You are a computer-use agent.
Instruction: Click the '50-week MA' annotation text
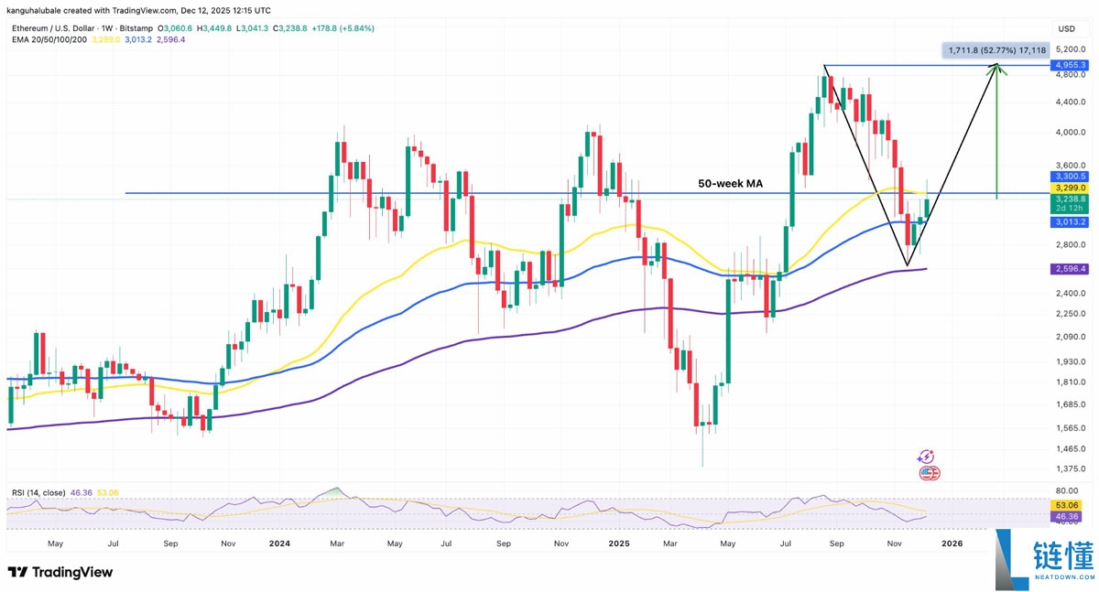(x=730, y=184)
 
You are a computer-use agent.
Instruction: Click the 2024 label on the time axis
(x=279, y=543)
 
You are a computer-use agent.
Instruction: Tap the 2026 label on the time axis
(x=952, y=543)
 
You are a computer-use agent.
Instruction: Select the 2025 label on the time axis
(x=619, y=543)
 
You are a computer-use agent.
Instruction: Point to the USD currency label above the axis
(x=1066, y=29)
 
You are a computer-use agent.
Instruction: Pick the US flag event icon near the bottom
(x=928, y=473)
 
